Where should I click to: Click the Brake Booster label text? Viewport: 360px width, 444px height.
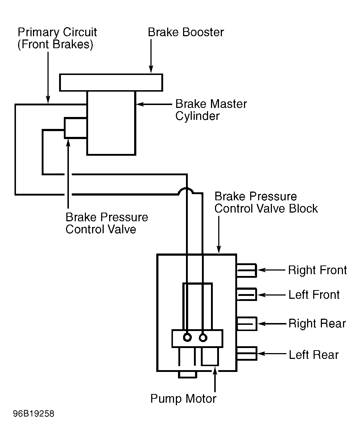[186, 32]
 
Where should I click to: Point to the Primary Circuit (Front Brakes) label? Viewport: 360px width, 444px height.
[57, 38]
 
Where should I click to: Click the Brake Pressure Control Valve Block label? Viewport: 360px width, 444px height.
[266, 202]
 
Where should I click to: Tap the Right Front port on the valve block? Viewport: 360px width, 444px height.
[247, 270]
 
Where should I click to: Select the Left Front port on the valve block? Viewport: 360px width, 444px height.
[247, 294]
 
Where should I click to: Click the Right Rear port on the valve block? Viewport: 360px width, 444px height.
[247, 323]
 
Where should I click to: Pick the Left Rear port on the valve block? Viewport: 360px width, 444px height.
[247, 353]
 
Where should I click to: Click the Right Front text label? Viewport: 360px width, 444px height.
[317, 270]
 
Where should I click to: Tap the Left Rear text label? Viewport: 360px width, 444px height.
[314, 355]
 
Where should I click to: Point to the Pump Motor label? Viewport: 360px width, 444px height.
[183, 399]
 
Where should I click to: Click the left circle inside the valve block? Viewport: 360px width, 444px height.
[187, 338]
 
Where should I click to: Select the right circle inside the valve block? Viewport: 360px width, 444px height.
[203, 338]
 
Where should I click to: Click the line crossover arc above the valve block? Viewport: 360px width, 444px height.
[186, 188]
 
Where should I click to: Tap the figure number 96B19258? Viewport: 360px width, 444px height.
[34, 414]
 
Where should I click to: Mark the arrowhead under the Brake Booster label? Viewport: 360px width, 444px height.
[151, 69]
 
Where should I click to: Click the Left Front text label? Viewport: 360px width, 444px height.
[314, 295]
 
